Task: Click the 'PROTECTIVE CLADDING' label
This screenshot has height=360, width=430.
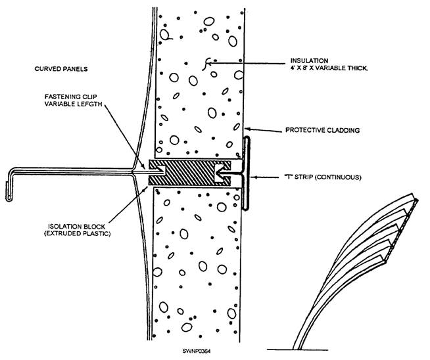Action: [x=327, y=130]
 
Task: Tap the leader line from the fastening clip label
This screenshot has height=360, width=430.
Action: [x=118, y=138]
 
